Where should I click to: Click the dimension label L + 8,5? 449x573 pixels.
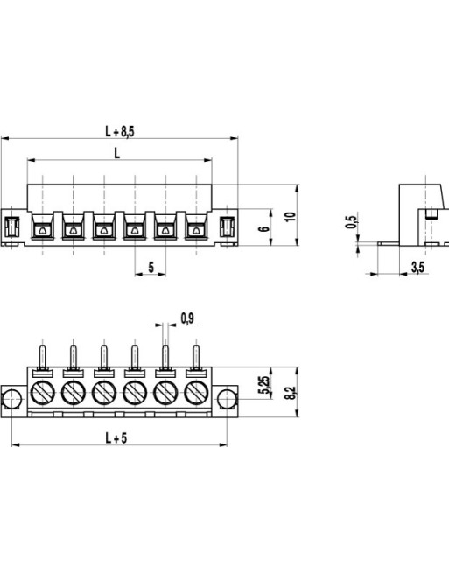tap(119, 132)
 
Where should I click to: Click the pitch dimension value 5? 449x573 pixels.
tap(151, 268)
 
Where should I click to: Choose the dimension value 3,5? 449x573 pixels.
tap(418, 268)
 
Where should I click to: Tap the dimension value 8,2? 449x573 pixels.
tap(290, 393)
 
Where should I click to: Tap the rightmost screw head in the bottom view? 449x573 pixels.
tap(194, 391)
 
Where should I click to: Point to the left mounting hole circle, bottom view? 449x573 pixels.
tap(13, 401)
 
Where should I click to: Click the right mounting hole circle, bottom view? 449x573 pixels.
tap(226, 401)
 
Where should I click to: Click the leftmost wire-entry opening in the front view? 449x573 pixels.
tap(42, 230)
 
